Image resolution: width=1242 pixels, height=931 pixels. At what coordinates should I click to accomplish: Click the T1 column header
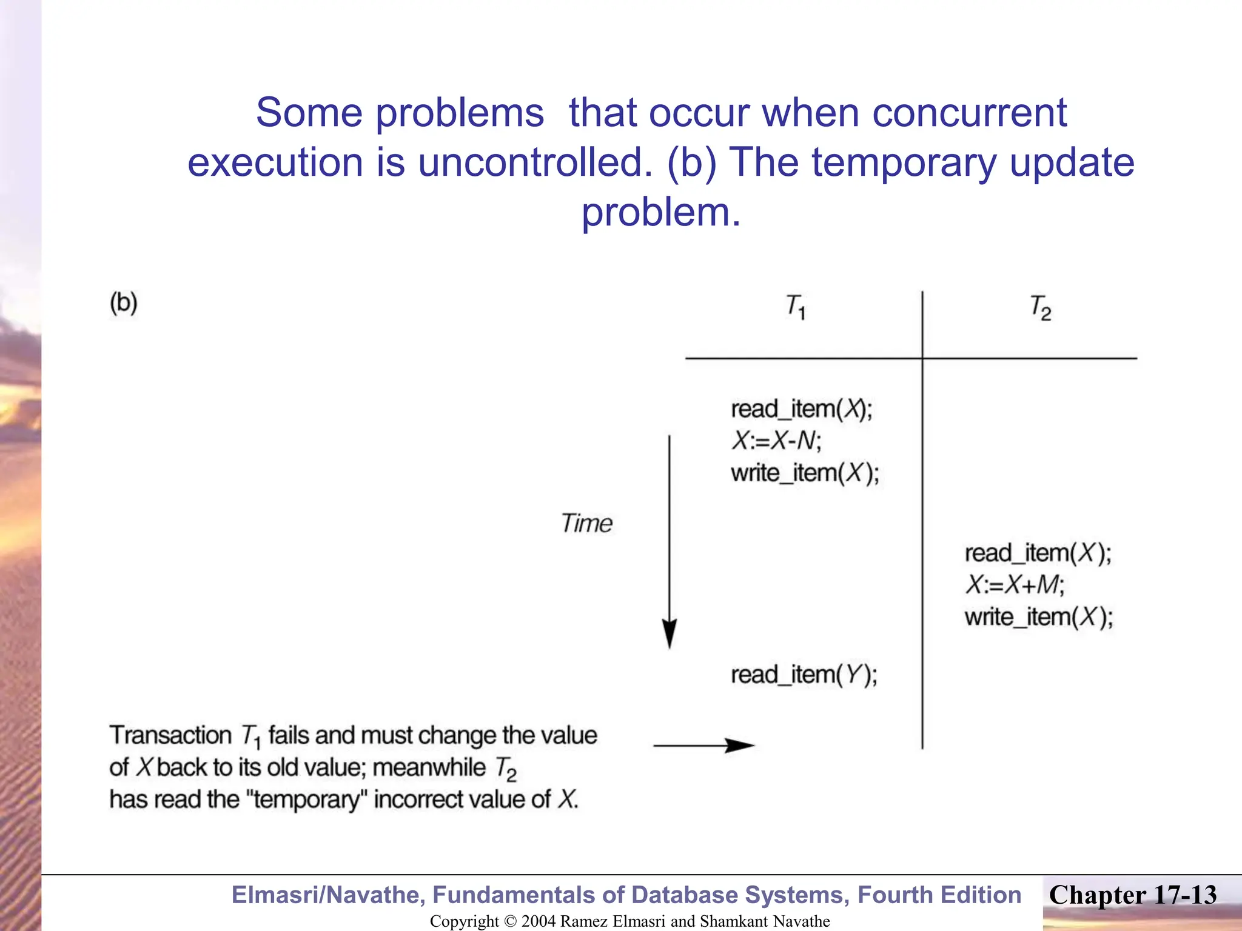tap(795, 307)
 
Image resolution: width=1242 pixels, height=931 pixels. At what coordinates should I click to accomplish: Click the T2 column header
tap(1040, 307)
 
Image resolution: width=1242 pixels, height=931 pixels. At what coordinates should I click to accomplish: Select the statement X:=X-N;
tap(776, 441)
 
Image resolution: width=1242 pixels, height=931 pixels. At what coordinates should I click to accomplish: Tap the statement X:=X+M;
tap(1014, 585)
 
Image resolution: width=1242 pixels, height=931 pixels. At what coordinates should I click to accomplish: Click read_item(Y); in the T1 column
tap(804, 675)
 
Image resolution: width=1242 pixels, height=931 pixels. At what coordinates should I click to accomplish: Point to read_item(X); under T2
tap(1038, 553)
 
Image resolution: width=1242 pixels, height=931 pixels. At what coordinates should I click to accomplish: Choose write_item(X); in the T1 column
tap(805, 473)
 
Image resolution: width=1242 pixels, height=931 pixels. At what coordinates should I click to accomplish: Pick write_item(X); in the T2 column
tap(1039, 617)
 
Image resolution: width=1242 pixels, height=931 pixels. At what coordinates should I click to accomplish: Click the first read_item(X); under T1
tap(801, 409)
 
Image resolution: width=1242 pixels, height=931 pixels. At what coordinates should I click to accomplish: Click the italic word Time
tap(586, 523)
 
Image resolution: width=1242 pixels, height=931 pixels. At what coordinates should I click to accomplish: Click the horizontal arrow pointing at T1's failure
tap(703, 745)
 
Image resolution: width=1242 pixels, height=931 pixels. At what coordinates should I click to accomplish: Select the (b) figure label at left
tap(124, 302)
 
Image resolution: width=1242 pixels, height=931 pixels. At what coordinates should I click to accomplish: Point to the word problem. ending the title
tap(661, 212)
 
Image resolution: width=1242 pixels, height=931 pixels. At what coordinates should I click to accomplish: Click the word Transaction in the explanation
tap(170, 735)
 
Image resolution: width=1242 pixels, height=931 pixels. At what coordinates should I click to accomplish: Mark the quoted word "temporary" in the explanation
tap(307, 799)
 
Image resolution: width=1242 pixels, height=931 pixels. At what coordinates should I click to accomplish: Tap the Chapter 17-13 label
tap(1132, 895)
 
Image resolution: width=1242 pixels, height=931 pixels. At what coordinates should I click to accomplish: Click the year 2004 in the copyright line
tap(539, 921)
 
